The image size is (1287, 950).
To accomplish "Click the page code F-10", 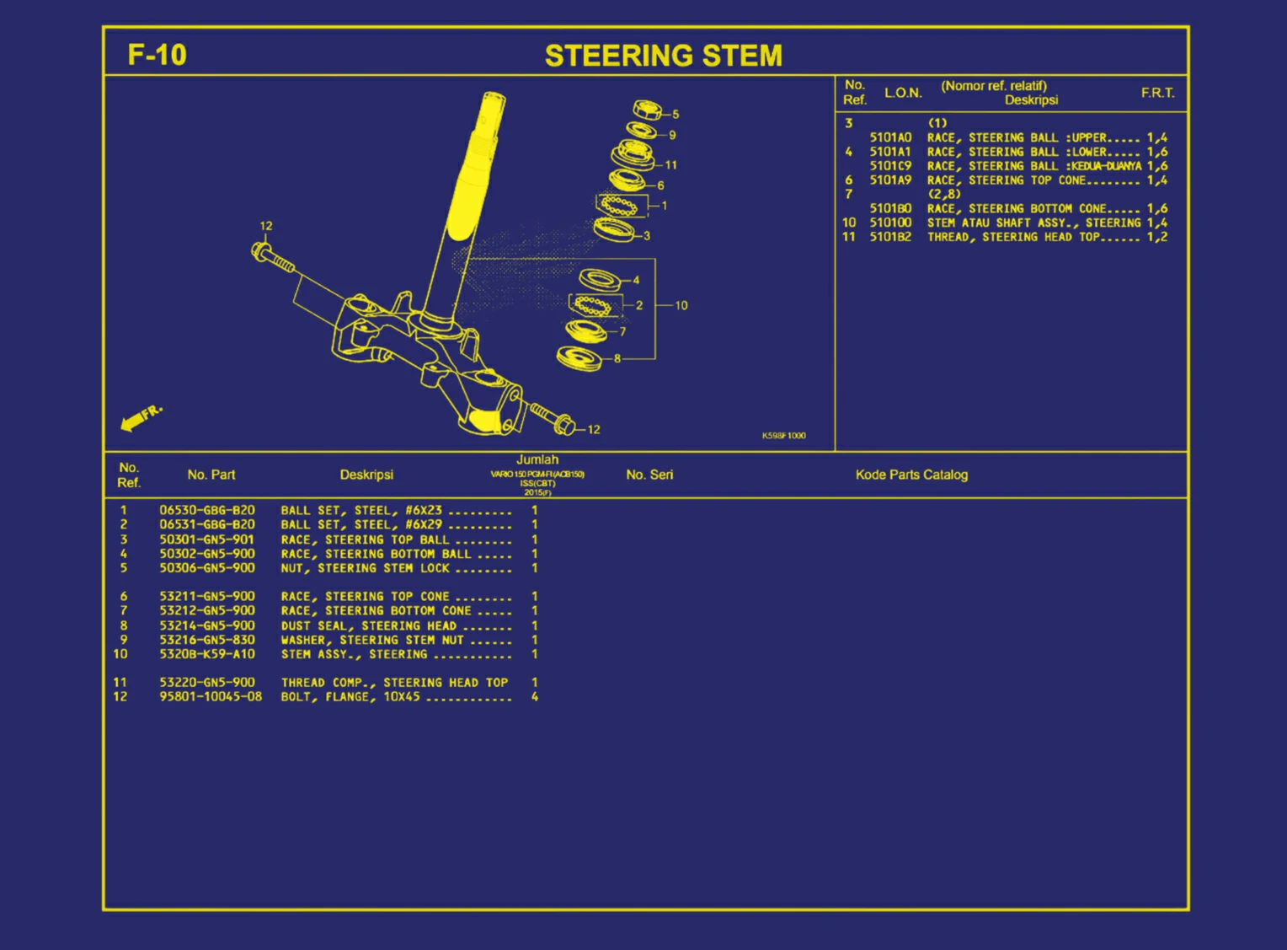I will pyautogui.click(x=157, y=55).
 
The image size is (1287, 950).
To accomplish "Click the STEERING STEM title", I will pyautogui.click(x=663, y=56).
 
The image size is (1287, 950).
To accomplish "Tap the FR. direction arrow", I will pyautogui.click(x=141, y=418).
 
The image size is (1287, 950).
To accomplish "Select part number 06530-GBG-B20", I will pyautogui.click(x=207, y=510).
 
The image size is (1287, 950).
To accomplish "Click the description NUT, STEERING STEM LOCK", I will pyautogui.click(x=366, y=568).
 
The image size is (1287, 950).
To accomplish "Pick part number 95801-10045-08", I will pyautogui.click(x=211, y=696).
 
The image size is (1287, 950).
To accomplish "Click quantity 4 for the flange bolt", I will pyautogui.click(x=534, y=696).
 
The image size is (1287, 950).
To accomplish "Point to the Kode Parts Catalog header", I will pyautogui.click(x=911, y=475).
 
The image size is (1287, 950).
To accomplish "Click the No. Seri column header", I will pyautogui.click(x=649, y=475).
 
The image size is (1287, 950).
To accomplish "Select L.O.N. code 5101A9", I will pyautogui.click(x=890, y=180).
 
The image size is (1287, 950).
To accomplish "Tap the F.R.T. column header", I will pyautogui.click(x=1157, y=93).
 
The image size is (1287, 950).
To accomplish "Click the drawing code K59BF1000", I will pyautogui.click(x=783, y=436).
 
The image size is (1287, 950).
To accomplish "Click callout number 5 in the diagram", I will pyautogui.click(x=676, y=114).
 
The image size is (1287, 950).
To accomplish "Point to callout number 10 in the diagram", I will pyautogui.click(x=681, y=305).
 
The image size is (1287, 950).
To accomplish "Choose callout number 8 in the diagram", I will pyautogui.click(x=617, y=358).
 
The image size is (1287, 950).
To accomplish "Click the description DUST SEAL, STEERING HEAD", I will pyautogui.click(x=368, y=625).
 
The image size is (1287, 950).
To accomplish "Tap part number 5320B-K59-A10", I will pyautogui.click(x=207, y=654).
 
